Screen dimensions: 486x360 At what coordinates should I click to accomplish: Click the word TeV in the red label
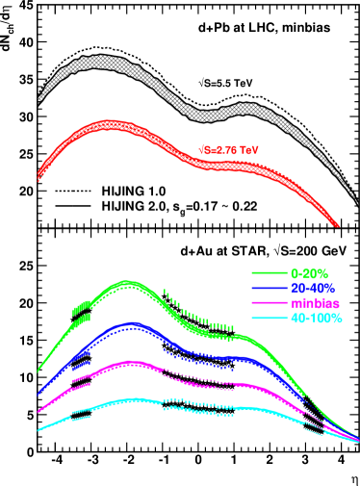click(249, 150)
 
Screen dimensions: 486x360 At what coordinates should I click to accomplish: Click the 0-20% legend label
click(311, 273)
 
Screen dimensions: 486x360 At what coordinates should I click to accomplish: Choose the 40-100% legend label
click(317, 318)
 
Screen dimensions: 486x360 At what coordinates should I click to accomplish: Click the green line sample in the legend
click(270, 273)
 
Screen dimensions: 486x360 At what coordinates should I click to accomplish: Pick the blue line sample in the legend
click(270, 288)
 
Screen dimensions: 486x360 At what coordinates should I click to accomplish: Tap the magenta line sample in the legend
click(270, 303)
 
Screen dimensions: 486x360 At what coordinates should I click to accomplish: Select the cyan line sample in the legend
click(270, 318)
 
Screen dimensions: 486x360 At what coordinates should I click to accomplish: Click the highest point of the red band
click(109, 125)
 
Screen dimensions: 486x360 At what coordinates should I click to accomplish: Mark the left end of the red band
click(39, 176)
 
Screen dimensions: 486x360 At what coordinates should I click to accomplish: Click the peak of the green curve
click(126, 283)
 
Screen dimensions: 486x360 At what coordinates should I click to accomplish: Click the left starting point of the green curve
click(39, 371)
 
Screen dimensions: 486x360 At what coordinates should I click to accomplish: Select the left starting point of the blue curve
click(39, 394)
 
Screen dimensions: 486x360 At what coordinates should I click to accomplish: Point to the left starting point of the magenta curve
click(39, 412)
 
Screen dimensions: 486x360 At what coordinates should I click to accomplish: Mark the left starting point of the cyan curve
click(39, 430)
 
